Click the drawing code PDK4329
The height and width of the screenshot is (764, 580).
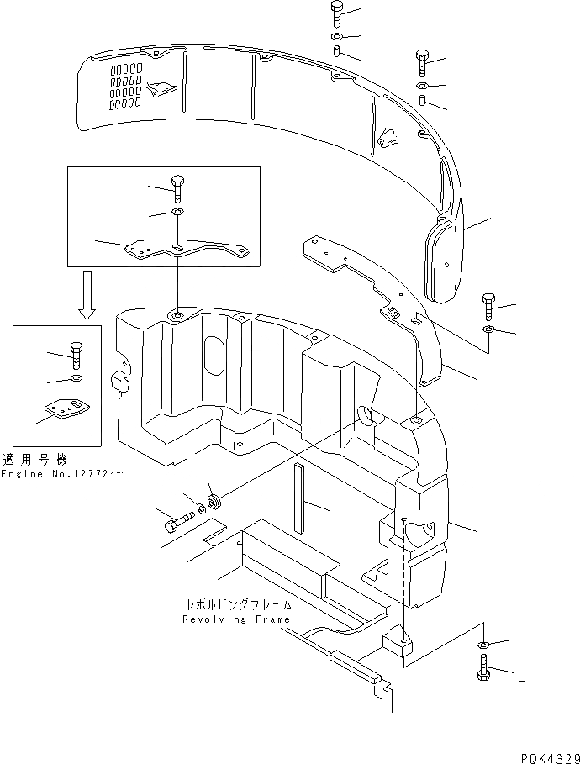coord(544,756)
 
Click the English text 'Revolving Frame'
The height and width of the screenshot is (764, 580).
coord(236,619)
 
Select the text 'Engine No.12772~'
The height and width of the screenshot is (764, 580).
coord(66,475)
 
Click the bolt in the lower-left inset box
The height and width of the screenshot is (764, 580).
coord(74,355)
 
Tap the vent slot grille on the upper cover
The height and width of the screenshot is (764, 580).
coord(124,86)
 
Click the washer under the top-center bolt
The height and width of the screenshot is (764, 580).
coord(336,39)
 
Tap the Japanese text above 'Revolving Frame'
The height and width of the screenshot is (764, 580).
coord(240,604)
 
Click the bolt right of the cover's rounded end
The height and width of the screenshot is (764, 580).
coord(488,303)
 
